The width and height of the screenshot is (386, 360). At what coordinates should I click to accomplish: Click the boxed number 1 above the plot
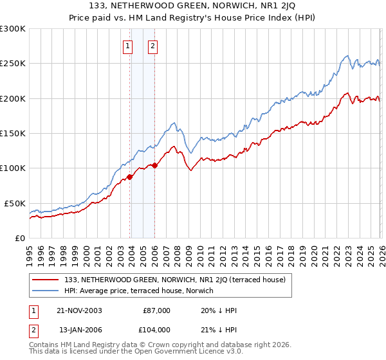pyautogui.click(x=127, y=46)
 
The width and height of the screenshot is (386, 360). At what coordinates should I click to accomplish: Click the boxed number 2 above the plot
pyautogui.click(x=152, y=46)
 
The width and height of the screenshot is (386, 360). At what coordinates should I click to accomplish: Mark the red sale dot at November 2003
pyautogui.click(x=130, y=177)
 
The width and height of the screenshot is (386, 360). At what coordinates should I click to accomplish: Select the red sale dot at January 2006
pyautogui.click(x=155, y=165)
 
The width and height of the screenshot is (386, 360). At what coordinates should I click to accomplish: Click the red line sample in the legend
pyautogui.click(x=46, y=280)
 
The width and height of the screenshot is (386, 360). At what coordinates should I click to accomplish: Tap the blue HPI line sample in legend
pyautogui.click(x=46, y=291)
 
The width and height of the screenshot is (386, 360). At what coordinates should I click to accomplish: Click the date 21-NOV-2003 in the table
pyautogui.click(x=80, y=310)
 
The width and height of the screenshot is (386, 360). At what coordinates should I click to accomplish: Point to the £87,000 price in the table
pyautogui.click(x=156, y=310)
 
